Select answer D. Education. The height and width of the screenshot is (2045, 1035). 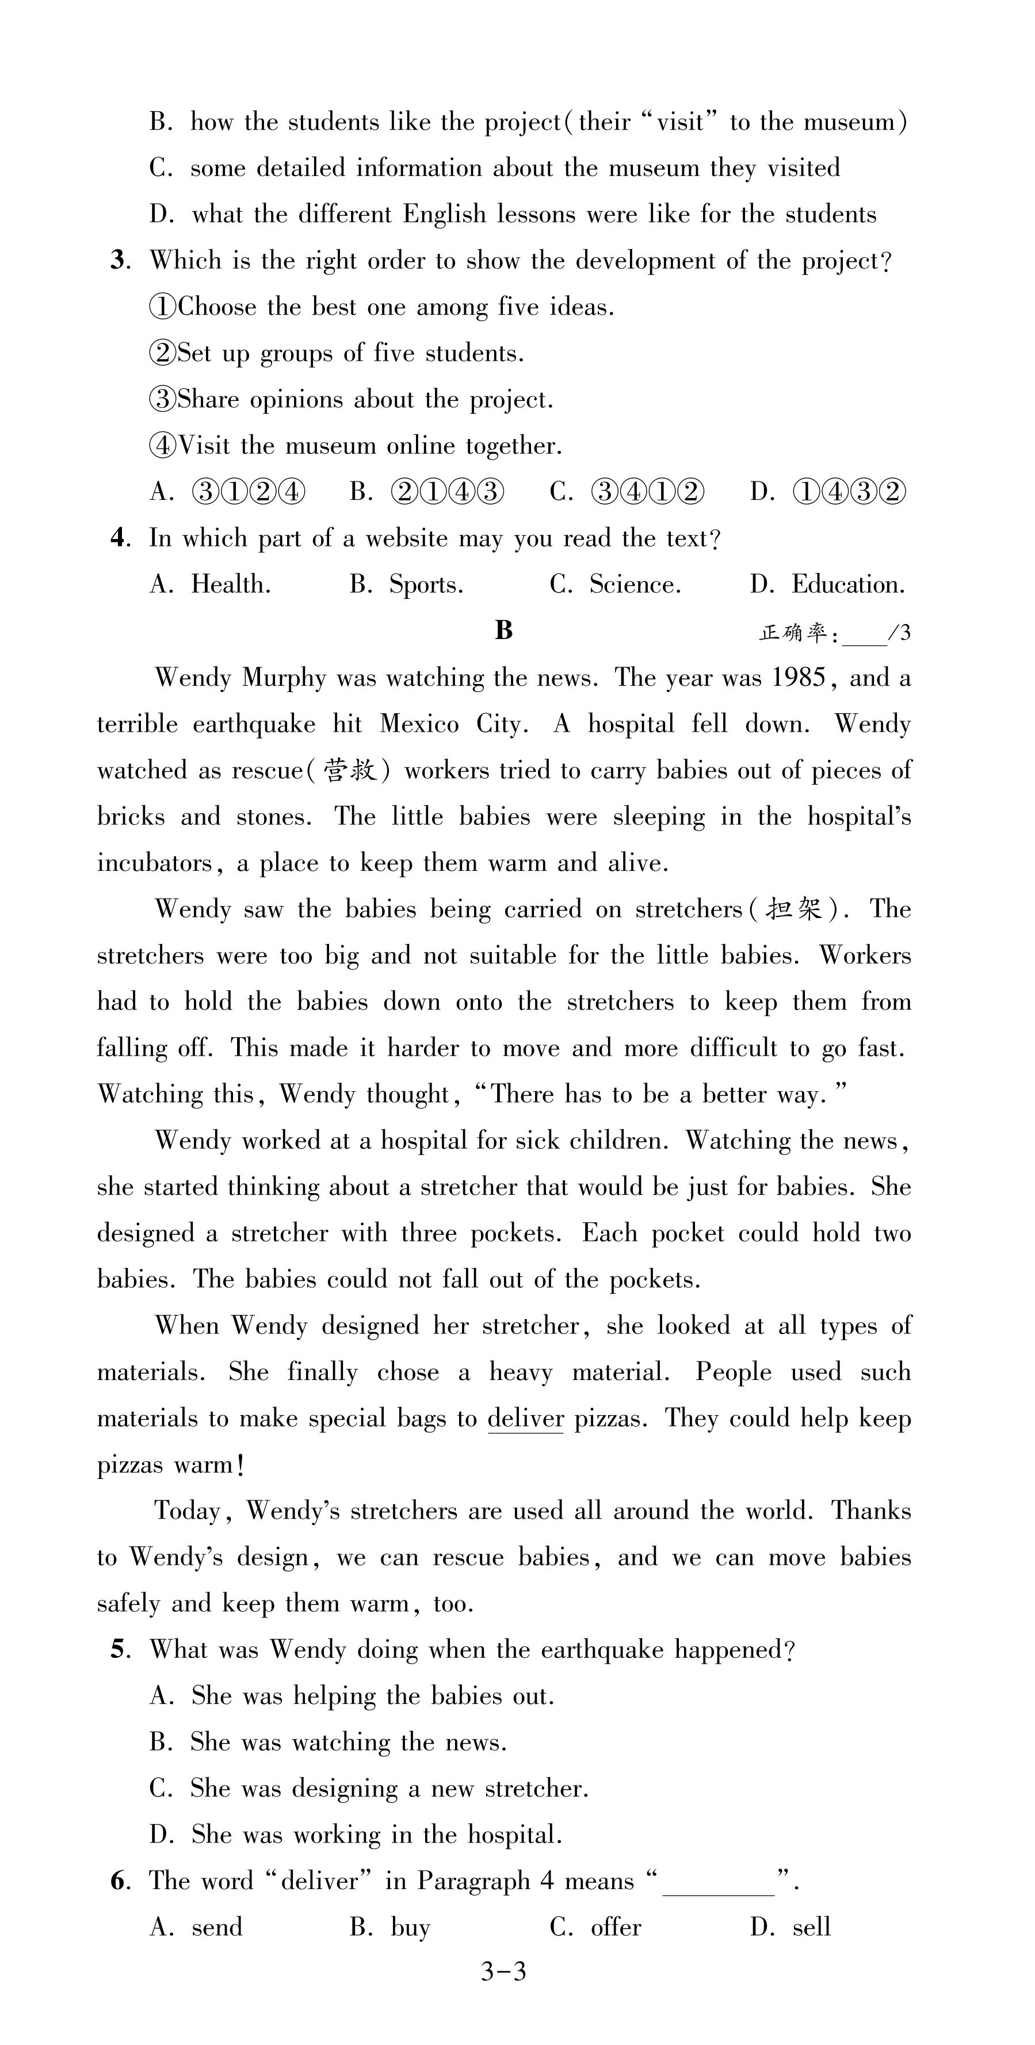click(827, 585)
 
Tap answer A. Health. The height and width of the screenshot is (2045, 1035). click(211, 585)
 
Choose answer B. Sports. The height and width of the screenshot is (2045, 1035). click(406, 585)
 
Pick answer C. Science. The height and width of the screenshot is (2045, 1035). click(615, 585)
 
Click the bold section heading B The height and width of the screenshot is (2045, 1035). click(504, 630)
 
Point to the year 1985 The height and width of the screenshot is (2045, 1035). click(799, 678)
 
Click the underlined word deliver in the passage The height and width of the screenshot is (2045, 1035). click(525, 1419)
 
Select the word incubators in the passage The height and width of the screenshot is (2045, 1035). click(154, 863)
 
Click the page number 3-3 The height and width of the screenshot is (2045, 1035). click(504, 1972)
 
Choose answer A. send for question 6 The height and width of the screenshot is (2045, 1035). click(196, 1928)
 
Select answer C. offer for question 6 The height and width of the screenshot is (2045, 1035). click(595, 1928)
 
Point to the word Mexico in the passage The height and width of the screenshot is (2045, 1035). click(419, 724)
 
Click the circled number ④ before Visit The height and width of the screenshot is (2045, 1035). click(163, 446)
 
